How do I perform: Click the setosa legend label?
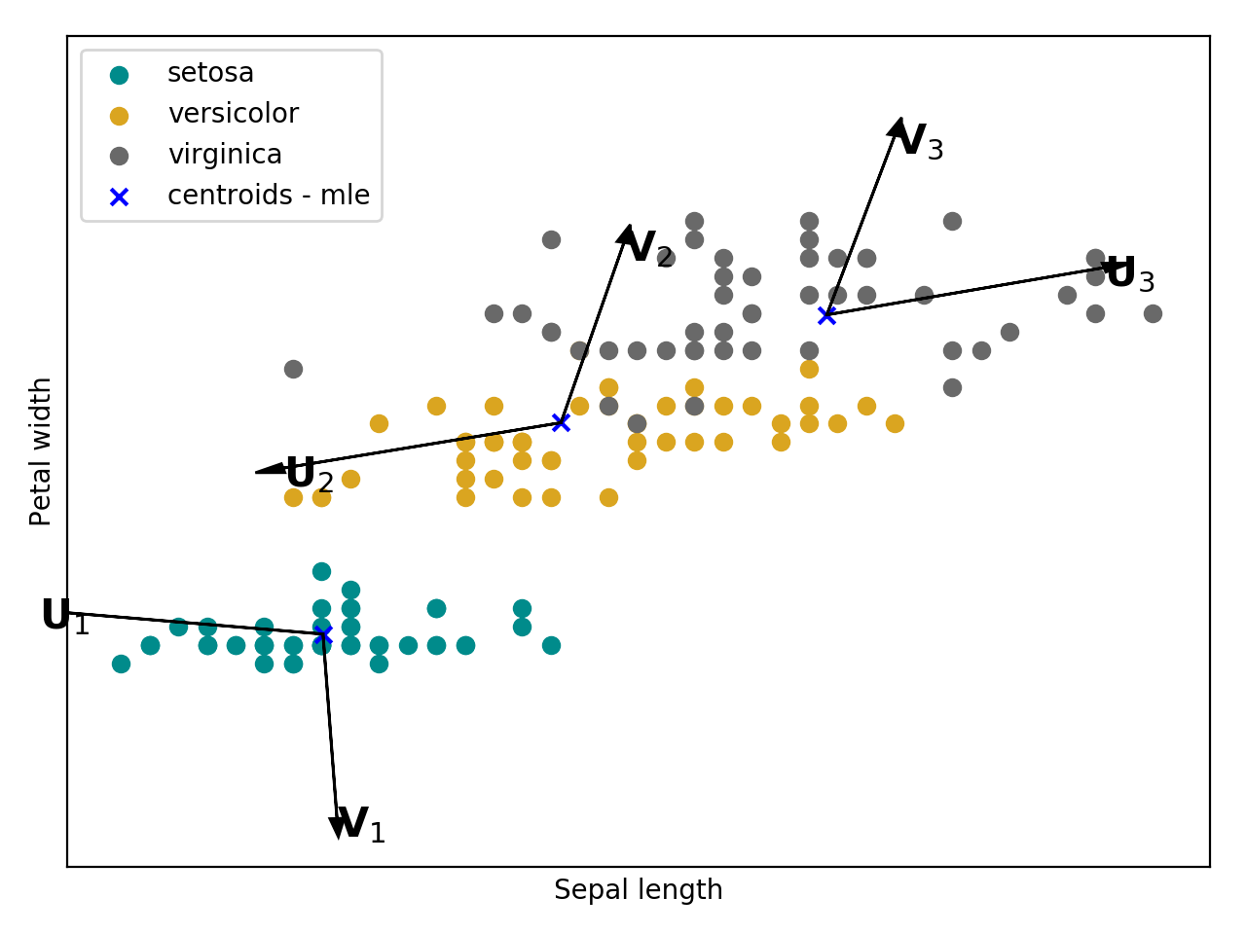coord(210,73)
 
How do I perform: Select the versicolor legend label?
coord(233,114)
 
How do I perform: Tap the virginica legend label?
coord(225,155)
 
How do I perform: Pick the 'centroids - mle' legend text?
coord(269,196)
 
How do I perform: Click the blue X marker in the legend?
coord(119,197)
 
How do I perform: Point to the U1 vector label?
coord(64,617)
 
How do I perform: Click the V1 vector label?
coord(360,825)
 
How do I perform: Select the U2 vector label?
coord(309,475)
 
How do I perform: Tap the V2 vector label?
coord(649,249)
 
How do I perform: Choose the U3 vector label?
coord(1130,275)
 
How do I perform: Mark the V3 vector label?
coord(918,142)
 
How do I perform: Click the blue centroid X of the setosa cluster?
coord(323,634)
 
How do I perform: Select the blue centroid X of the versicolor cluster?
coord(561,422)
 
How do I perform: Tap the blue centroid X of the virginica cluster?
coord(826,315)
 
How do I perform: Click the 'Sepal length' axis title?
coord(638,890)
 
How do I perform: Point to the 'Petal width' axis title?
coord(41,451)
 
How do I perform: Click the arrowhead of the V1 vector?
coord(337,827)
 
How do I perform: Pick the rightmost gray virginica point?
coord(1153,313)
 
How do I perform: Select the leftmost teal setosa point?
coord(121,664)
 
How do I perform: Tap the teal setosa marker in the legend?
coord(119,75)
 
